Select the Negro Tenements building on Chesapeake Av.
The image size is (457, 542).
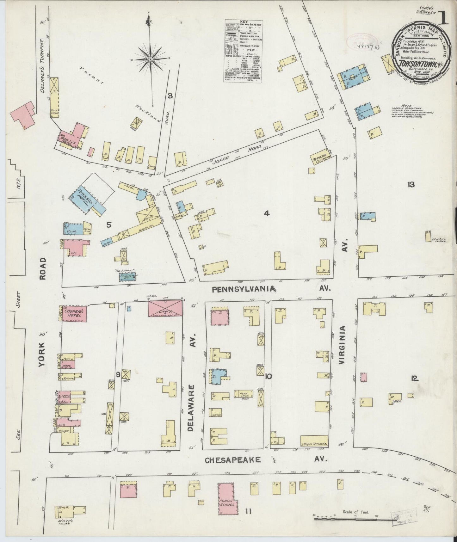tap(313, 440)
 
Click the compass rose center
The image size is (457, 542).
tap(151, 59)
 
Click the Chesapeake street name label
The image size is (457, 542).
tap(233, 460)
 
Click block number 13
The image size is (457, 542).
tap(411, 185)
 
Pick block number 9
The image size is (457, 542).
tap(118, 375)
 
